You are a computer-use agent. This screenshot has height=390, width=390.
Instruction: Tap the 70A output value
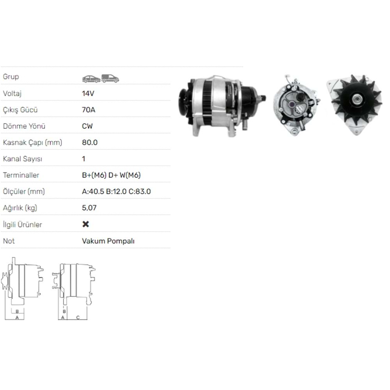tap(88, 110)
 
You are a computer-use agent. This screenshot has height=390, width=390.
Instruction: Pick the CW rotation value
tap(87, 126)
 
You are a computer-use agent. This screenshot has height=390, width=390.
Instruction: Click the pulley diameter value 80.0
tap(90, 142)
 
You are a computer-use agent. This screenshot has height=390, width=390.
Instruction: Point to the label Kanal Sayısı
tap(22, 159)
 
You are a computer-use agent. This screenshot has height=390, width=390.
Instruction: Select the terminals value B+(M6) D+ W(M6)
tap(111, 175)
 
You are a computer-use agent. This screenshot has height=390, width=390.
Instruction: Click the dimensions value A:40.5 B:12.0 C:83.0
tap(116, 191)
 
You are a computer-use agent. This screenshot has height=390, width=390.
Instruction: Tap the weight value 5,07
tap(89, 208)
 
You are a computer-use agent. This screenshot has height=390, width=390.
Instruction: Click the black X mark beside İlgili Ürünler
tap(86, 224)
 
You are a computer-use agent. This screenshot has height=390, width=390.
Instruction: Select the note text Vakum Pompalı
tap(108, 241)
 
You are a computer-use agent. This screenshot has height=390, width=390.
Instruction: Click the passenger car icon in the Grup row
tap(91, 78)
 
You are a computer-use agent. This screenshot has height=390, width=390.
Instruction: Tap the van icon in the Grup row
tap(110, 78)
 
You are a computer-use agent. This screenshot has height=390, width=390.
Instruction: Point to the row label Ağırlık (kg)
tap(20, 208)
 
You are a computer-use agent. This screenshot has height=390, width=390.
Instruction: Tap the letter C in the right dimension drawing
tap(78, 317)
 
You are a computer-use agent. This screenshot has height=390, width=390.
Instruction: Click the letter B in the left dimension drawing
tap(17, 311)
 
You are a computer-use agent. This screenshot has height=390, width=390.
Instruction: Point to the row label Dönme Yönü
tap(24, 126)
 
